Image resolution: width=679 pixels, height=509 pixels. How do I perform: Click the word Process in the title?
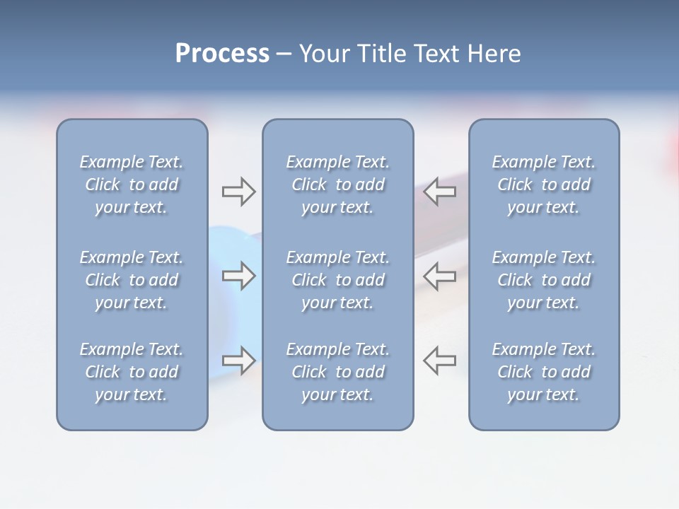[222, 54]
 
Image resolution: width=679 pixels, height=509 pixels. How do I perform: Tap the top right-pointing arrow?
[238, 192]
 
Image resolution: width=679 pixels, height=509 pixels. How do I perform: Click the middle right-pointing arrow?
[238, 275]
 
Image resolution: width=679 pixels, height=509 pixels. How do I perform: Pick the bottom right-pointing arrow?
[238, 360]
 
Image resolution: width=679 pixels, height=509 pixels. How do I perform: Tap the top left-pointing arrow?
[440, 192]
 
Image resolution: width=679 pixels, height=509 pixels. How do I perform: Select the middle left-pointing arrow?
[440, 275]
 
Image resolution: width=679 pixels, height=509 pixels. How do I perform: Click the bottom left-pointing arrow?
[440, 360]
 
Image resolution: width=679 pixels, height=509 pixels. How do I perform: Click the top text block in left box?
[132, 185]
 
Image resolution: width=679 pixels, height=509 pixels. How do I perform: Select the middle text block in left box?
[132, 280]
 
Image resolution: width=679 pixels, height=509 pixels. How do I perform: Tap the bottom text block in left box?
[132, 372]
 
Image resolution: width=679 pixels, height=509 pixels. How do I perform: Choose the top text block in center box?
[337, 185]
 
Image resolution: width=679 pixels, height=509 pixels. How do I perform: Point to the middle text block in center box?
[337, 280]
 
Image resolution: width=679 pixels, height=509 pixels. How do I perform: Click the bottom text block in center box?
[337, 372]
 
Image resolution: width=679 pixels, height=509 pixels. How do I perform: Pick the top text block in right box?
[543, 185]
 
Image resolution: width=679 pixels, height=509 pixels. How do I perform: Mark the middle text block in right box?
[543, 280]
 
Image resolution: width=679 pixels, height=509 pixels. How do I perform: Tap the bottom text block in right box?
[543, 372]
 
